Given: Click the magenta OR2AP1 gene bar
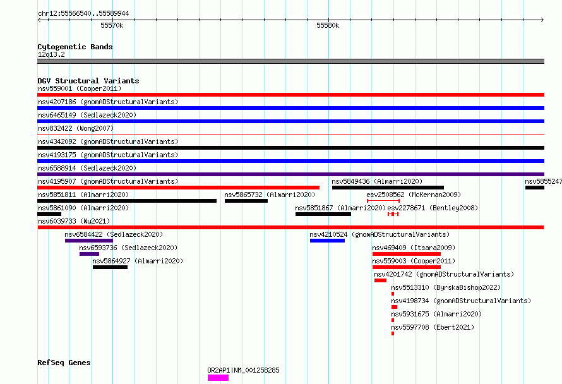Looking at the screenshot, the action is click(218, 378).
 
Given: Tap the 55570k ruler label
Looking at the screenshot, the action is click(112, 25).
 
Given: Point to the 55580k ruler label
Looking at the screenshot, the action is click(328, 25).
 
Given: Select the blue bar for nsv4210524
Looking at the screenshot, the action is click(327, 241).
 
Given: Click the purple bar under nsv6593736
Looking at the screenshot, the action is click(89, 254).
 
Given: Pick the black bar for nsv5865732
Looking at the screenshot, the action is click(246, 201).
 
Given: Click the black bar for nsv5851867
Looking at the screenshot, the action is click(323, 214).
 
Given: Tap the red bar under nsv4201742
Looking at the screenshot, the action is click(380, 280).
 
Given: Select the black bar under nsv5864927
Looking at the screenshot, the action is click(110, 267).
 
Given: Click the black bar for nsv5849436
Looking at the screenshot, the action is click(388, 188).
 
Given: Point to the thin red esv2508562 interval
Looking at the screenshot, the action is click(383, 201).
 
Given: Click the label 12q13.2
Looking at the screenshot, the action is click(51, 54).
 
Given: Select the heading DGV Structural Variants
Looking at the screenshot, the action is click(88, 81).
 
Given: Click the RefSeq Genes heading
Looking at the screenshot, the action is click(64, 363).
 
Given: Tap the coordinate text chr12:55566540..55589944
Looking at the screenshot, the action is click(83, 14).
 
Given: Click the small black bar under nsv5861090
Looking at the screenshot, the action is click(49, 214).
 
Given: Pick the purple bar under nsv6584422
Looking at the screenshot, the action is click(89, 241).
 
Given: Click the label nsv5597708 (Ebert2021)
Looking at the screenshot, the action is click(433, 327).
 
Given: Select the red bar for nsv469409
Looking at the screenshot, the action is click(407, 254).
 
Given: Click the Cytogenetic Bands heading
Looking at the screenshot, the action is click(75, 47).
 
